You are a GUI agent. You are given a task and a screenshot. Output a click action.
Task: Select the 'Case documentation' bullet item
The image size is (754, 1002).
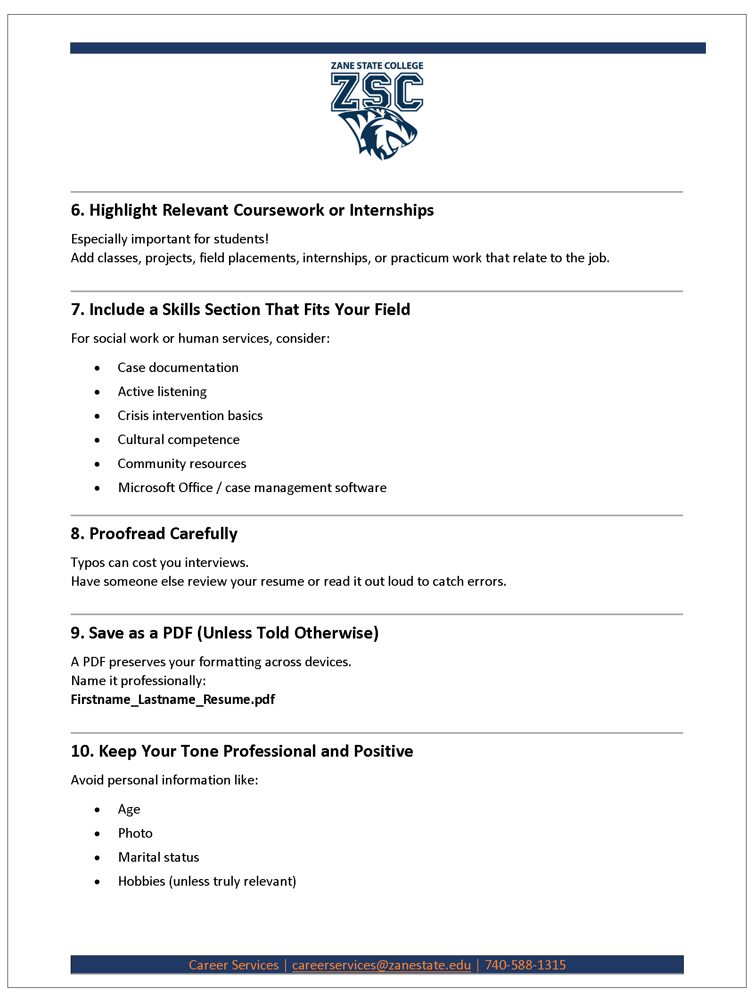(x=178, y=368)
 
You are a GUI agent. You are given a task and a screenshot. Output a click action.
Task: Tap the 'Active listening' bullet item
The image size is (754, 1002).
(x=162, y=392)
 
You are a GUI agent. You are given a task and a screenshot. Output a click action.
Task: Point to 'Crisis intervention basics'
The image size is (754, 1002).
(x=190, y=416)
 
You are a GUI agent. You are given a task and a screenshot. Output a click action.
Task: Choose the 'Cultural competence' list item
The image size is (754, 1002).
(x=179, y=440)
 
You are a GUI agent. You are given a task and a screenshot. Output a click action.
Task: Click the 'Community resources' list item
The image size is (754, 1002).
(x=182, y=464)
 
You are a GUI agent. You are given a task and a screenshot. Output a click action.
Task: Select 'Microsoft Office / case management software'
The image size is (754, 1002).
(x=252, y=488)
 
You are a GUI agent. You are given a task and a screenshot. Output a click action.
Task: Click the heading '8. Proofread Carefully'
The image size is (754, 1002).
(x=154, y=533)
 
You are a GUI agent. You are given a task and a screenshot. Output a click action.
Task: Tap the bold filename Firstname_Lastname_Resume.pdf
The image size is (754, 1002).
(x=173, y=700)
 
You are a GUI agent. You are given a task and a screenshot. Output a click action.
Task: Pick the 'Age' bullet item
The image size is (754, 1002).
(x=129, y=809)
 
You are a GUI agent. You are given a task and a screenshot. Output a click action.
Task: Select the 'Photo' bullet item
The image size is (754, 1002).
(x=135, y=833)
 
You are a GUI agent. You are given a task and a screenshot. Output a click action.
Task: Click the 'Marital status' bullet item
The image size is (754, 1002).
(x=158, y=857)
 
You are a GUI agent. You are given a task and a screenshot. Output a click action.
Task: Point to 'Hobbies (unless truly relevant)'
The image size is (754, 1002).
(x=207, y=881)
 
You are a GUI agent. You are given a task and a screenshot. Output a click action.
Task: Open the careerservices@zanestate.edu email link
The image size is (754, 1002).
(x=381, y=965)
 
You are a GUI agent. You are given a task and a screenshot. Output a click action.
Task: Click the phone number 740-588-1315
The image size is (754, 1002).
(x=525, y=965)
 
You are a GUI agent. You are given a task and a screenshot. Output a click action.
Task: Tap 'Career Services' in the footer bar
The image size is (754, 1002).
(x=234, y=965)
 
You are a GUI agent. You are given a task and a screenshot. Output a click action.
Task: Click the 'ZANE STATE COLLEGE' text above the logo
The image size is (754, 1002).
(x=377, y=66)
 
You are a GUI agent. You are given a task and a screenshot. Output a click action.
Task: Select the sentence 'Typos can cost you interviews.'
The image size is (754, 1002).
(x=160, y=563)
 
